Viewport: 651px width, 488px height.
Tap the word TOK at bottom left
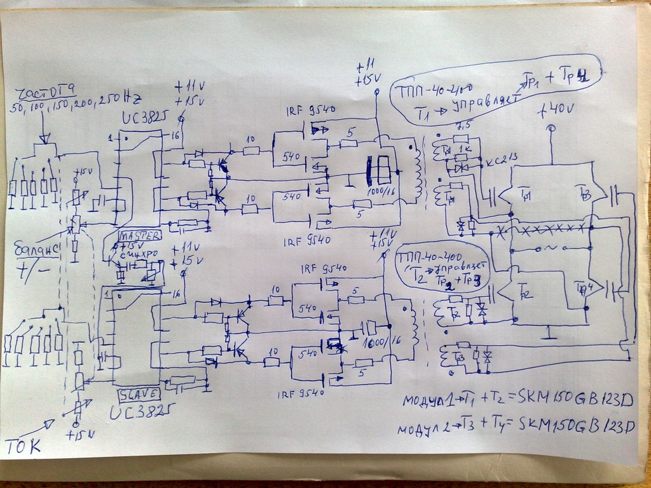[x=24, y=445]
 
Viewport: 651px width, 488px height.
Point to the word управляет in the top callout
[x=482, y=102]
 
